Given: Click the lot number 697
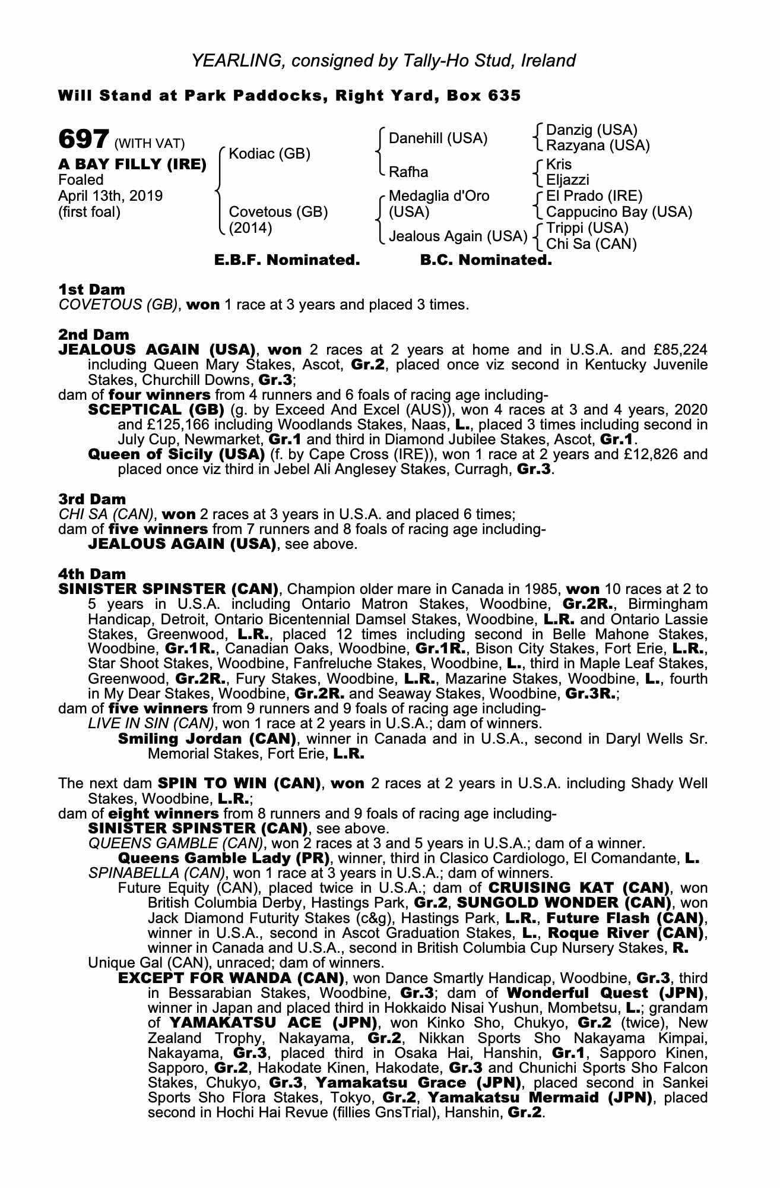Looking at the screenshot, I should [x=83, y=140].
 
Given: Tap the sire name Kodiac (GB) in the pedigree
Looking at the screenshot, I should [x=269, y=154].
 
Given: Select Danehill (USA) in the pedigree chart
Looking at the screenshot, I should [x=438, y=138].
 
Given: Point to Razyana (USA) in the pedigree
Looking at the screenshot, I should [x=598, y=146].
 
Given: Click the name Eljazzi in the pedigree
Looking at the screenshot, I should [x=567, y=179].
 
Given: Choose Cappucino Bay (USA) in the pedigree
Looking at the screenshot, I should [x=619, y=212].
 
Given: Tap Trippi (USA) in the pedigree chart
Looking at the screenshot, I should [x=587, y=228].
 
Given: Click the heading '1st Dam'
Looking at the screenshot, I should [x=91, y=290].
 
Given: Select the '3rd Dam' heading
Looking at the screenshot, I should [x=92, y=499].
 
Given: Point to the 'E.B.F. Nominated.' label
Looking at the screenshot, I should [x=287, y=260].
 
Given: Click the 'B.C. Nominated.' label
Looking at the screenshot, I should [x=486, y=260].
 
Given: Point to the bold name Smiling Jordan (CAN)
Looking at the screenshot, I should [x=207, y=740].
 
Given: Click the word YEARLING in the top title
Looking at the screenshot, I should [x=228, y=61].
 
